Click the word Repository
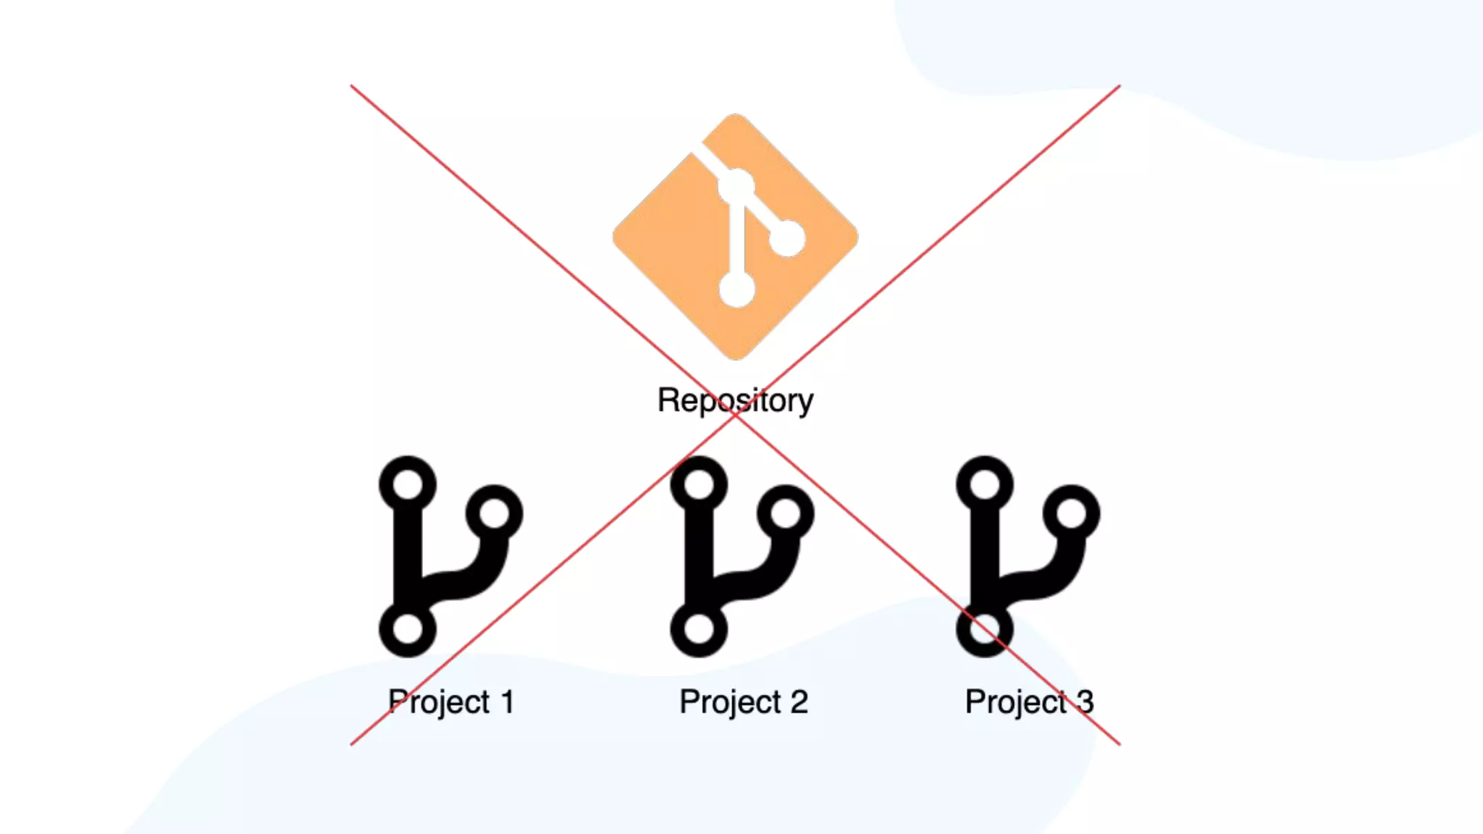(735, 400)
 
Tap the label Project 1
(451, 702)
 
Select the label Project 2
(744, 702)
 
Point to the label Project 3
(1029, 702)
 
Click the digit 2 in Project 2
(799, 702)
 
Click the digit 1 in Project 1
(507, 702)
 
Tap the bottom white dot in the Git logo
(736, 290)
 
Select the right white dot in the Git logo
(787, 238)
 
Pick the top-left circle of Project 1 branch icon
(408, 484)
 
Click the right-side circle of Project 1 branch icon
(495, 514)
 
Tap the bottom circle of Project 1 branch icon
(408, 628)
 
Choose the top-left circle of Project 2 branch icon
(699, 484)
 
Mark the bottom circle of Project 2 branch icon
(699, 628)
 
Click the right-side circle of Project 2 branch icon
(786, 514)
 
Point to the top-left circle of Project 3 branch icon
(985, 484)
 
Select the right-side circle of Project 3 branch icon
(1072, 514)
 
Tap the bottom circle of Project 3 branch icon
(985, 628)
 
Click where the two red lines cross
(735, 415)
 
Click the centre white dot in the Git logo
(736, 188)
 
